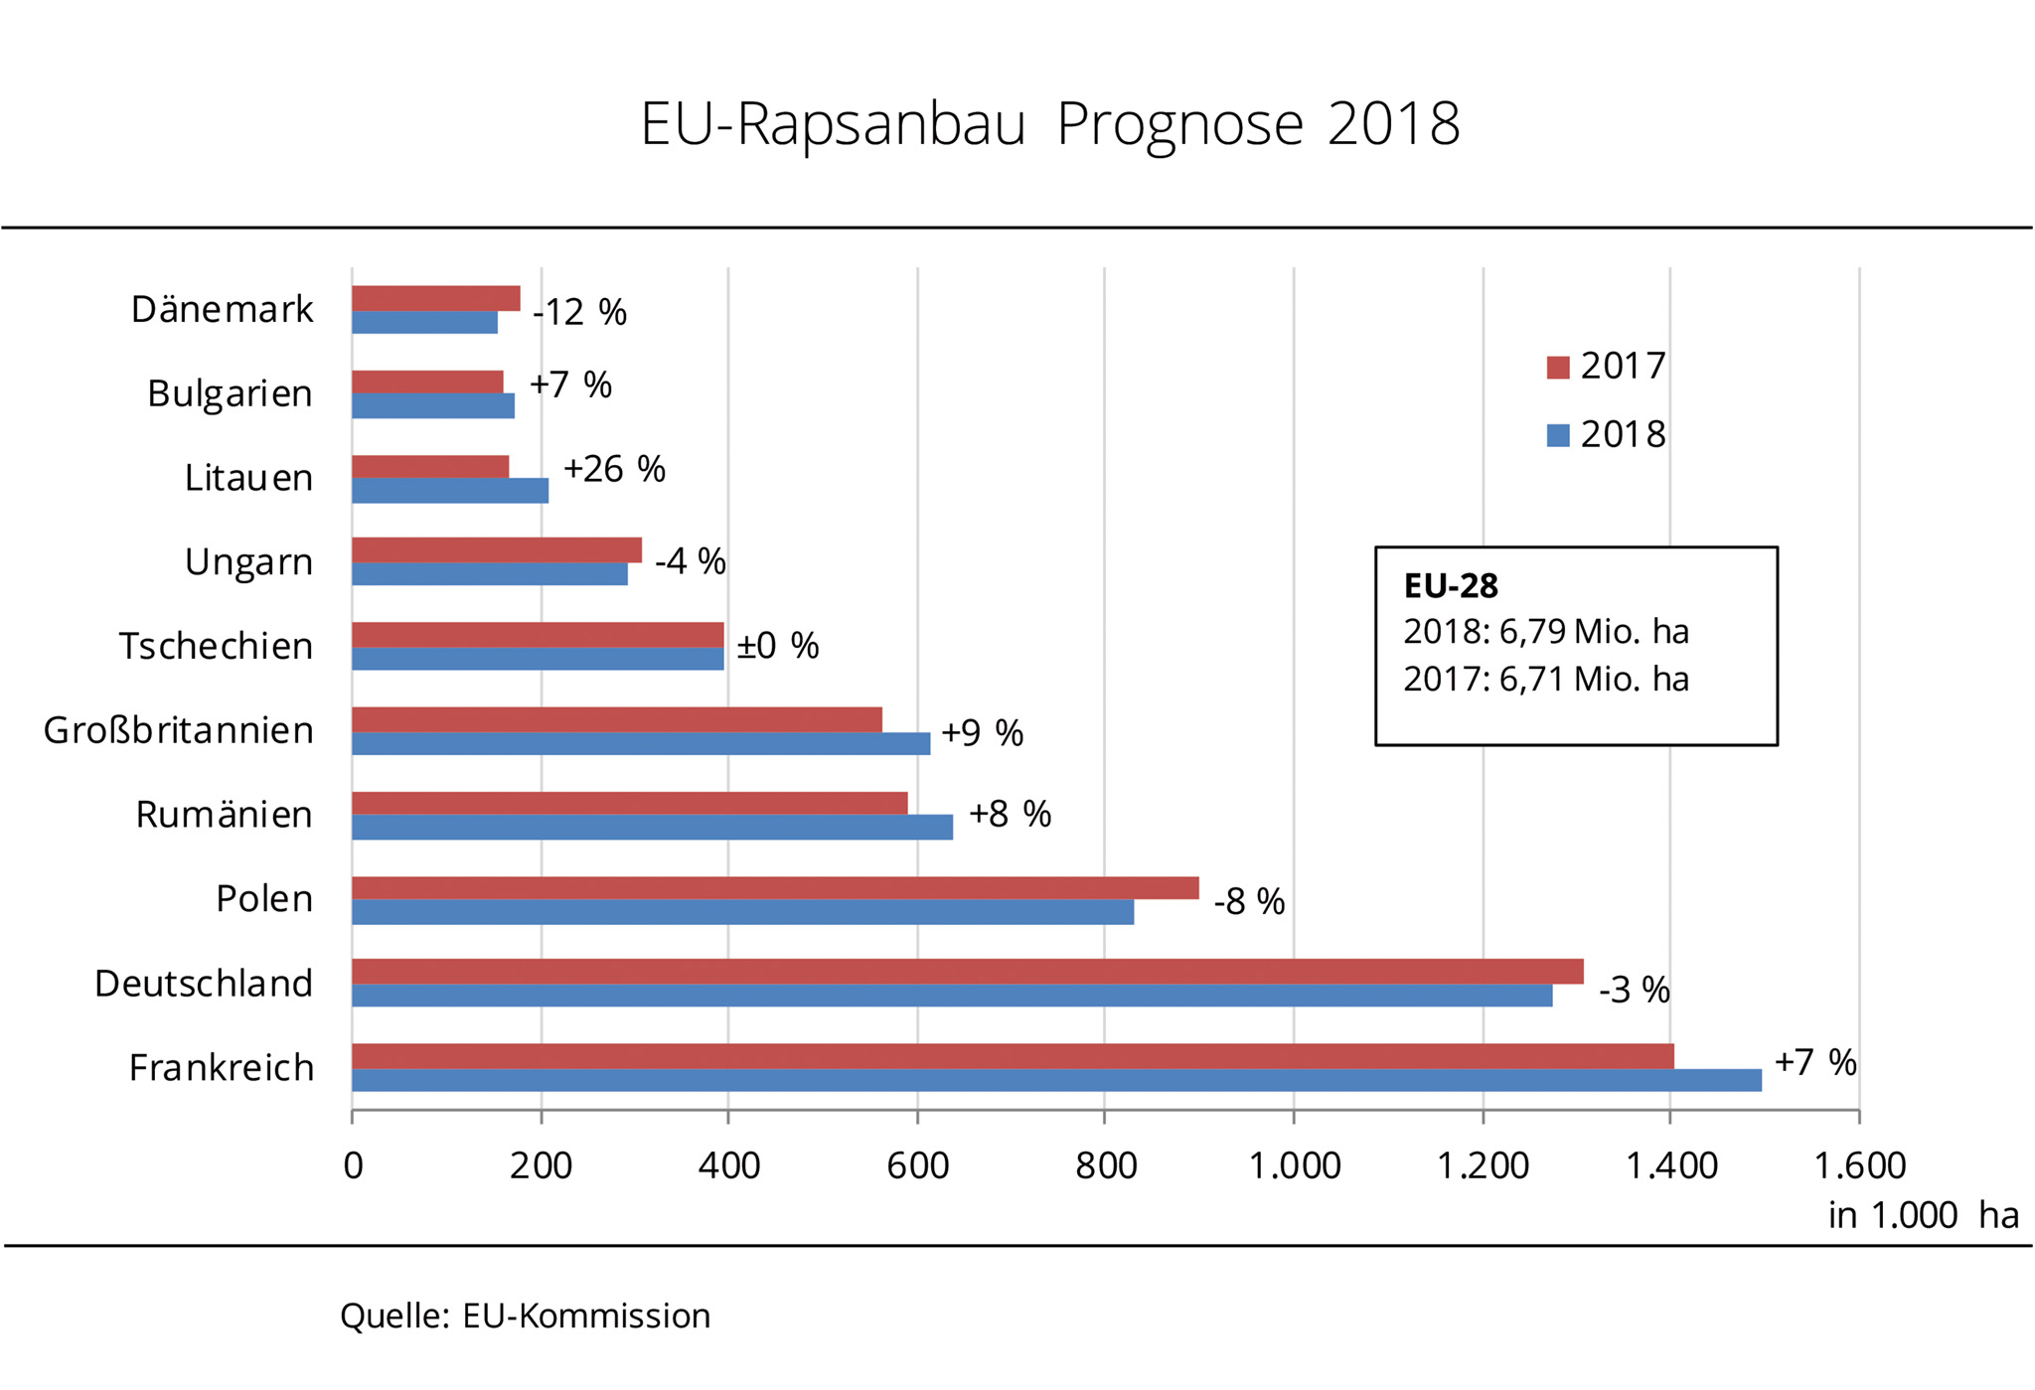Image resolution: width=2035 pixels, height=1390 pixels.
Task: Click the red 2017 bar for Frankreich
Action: coord(1012,1056)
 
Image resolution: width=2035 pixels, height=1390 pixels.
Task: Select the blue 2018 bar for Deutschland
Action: coord(951,996)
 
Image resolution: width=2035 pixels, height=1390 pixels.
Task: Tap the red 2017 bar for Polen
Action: coord(775,888)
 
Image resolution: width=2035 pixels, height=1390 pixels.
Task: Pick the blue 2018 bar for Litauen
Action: coord(449,491)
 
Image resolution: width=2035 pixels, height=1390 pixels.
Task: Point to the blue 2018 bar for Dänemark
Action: coord(424,323)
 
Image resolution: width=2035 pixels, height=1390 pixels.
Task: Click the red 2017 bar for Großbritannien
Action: coord(616,719)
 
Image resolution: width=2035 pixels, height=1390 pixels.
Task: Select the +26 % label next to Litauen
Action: coord(614,469)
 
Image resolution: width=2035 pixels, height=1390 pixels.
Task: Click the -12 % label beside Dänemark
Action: coord(580,313)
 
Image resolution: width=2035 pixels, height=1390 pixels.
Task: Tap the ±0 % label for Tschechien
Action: coord(778,647)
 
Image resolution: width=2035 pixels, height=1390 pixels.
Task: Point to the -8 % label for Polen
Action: coord(1249,902)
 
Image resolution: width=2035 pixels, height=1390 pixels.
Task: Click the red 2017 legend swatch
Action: coord(1557,368)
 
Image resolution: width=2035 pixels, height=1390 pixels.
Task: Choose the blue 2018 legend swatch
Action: coord(1557,435)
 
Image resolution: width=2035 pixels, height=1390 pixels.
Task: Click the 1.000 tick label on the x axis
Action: coord(1294,1165)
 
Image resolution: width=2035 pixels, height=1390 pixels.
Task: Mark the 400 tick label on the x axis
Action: coord(728,1165)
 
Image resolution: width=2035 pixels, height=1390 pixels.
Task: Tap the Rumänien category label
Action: coord(225,815)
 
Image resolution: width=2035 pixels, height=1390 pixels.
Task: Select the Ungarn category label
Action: coord(248,562)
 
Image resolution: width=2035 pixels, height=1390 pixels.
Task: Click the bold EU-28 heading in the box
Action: coord(1450,586)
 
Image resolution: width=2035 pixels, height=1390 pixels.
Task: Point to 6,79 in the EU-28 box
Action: coord(1532,632)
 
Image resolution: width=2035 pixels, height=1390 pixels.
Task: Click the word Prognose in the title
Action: coord(1178,125)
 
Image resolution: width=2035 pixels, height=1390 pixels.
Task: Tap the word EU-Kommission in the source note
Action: coord(586,1316)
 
